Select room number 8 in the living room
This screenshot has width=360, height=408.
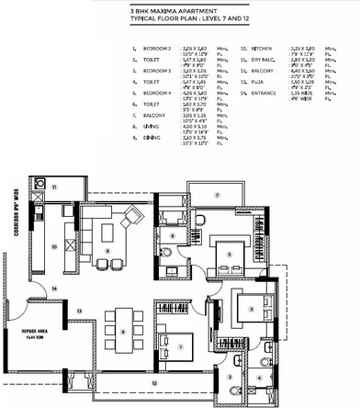[x=108, y=250]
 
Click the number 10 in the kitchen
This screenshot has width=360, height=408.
[x=54, y=246]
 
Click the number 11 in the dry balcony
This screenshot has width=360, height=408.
[x=54, y=187]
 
